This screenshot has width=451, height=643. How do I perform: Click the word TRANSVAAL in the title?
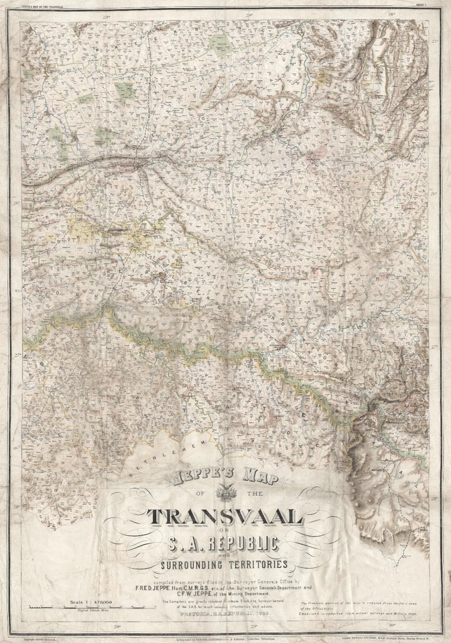pyautogui.click(x=226, y=516)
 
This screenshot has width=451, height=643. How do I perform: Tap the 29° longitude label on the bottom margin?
pyautogui.click(x=253, y=627)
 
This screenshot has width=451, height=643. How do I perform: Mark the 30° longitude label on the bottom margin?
pyautogui.click(x=391, y=627)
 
